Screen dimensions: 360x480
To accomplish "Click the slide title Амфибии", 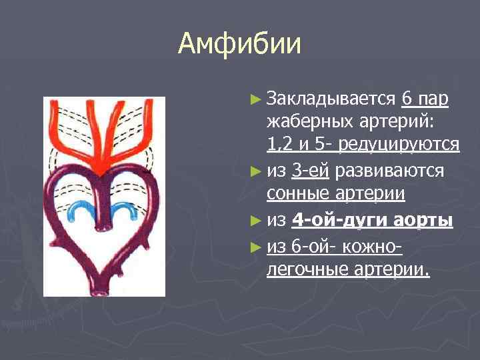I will [x=239, y=45].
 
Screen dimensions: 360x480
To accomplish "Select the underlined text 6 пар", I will [x=425, y=100].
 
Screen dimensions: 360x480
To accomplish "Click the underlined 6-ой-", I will [x=313, y=247].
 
